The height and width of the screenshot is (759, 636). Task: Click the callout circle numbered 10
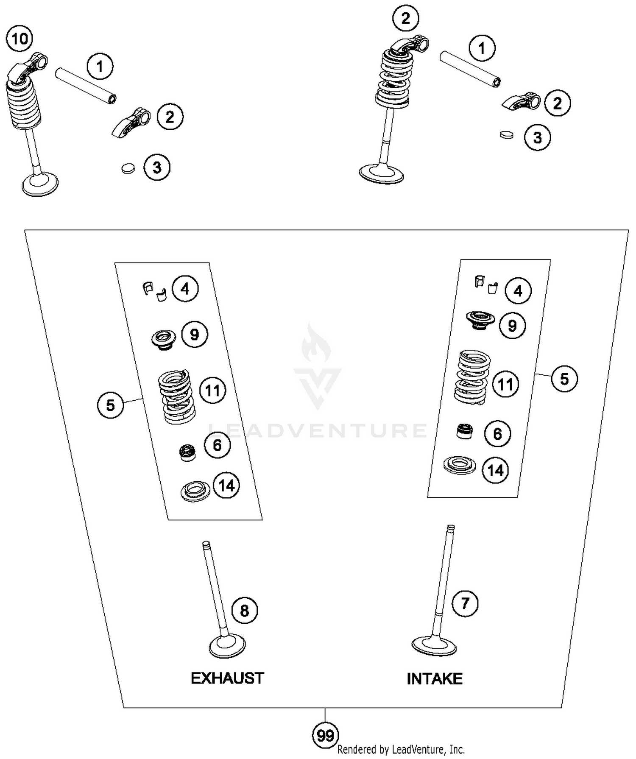click(20, 39)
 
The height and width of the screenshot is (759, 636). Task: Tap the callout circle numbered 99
click(325, 735)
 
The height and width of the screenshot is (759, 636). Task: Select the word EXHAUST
click(227, 678)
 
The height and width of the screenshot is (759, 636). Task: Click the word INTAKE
click(434, 679)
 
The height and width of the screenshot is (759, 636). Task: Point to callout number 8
click(245, 611)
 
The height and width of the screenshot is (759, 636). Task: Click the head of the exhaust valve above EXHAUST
click(228, 647)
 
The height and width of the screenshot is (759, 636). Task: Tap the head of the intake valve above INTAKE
click(434, 646)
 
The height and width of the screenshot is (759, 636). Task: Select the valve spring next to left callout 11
click(177, 396)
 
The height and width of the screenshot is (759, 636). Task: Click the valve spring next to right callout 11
click(472, 377)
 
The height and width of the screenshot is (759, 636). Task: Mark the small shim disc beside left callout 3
click(128, 168)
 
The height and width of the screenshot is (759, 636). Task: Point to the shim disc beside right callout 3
click(507, 135)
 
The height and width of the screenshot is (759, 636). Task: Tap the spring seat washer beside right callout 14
click(459, 465)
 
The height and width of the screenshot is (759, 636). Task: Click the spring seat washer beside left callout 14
click(195, 491)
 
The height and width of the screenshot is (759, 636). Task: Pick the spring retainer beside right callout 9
click(480, 320)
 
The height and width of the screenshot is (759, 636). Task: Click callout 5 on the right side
click(564, 379)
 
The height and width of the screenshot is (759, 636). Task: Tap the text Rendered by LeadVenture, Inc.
click(401, 750)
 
